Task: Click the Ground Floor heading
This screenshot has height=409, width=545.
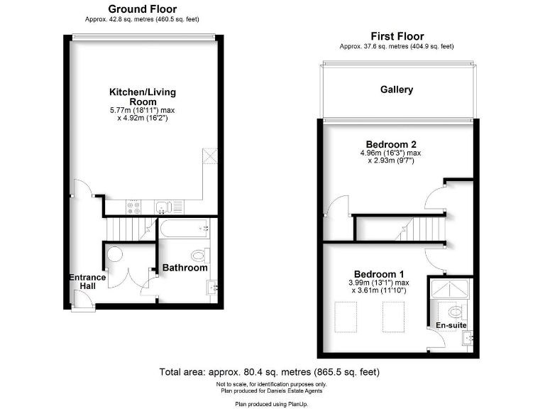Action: pos(142,9)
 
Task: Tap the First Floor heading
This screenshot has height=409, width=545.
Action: pos(397,36)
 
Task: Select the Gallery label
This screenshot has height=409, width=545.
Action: pos(397,90)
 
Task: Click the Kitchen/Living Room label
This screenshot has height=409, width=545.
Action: pos(142,97)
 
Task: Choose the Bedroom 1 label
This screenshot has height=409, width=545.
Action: pos(379,274)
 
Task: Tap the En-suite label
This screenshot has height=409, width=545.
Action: pos(451,325)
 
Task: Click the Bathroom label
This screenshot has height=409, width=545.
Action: pos(185,268)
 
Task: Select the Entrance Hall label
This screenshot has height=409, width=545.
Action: pos(87,282)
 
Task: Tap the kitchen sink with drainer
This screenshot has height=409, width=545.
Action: pos(169,207)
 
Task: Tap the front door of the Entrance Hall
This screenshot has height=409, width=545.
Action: pos(83,306)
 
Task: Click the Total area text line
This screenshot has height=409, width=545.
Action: pos(270,371)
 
